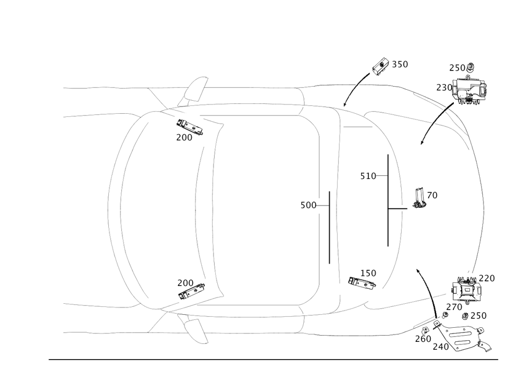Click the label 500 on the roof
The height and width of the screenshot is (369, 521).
(x=308, y=206)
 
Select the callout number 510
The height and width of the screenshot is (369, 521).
(x=368, y=176)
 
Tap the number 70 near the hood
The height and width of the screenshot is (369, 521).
(x=432, y=195)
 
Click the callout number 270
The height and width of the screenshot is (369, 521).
(x=453, y=307)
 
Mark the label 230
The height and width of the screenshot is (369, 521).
(x=444, y=88)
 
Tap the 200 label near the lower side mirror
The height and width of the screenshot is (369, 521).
(x=185, y=282)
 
